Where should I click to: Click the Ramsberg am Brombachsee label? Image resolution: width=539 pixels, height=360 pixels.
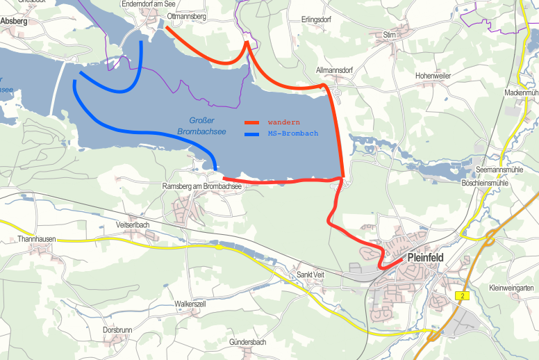(201, 187)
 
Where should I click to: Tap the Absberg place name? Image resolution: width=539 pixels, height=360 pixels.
(14, 22)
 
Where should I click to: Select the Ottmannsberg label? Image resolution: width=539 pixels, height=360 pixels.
(187, 16)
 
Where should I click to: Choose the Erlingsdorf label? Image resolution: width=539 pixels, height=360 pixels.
(316, 19)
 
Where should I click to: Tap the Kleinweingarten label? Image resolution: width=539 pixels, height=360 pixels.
(511, 288)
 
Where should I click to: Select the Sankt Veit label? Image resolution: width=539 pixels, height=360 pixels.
(310, 275)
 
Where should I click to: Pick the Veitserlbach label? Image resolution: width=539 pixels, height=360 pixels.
(132, 225)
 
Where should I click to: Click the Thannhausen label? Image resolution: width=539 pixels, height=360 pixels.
(36, 239)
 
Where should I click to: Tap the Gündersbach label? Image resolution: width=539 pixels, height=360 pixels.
(247, 343)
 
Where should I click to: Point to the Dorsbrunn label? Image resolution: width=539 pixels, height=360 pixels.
(117, 329)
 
